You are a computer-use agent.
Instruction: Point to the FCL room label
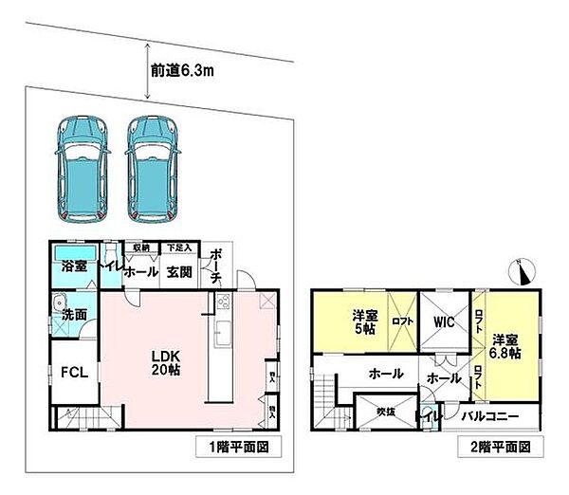75,372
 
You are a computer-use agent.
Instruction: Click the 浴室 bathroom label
75,268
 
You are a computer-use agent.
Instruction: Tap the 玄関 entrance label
180,271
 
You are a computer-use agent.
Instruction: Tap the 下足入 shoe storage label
178,248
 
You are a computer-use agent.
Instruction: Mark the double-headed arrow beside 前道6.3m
148,71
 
